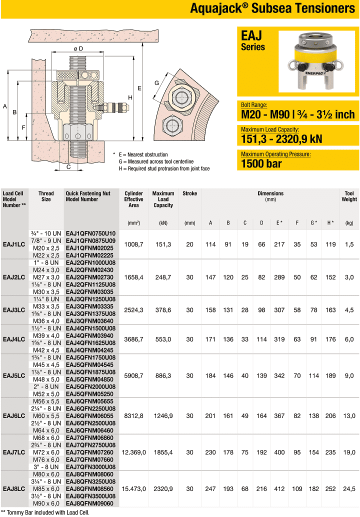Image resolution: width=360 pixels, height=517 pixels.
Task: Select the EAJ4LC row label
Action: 14,339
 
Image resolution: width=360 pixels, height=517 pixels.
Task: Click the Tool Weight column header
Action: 349,196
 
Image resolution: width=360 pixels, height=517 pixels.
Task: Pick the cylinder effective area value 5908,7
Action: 133,375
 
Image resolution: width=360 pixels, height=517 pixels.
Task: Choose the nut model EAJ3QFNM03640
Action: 90,320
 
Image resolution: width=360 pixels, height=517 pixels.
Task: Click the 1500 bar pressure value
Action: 261,163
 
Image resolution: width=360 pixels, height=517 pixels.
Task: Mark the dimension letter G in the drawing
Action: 156,82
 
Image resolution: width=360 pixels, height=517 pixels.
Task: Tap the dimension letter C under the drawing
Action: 68,167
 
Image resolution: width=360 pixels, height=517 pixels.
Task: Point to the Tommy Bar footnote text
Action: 44,512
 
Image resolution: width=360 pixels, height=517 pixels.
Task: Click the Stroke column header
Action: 190,193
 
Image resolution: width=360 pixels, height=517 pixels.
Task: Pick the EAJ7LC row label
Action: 14,452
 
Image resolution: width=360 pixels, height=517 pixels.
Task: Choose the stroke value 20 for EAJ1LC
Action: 189,244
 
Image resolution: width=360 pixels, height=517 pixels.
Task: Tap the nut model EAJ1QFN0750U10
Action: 90,233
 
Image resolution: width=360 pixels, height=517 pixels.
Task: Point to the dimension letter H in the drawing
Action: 130,97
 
